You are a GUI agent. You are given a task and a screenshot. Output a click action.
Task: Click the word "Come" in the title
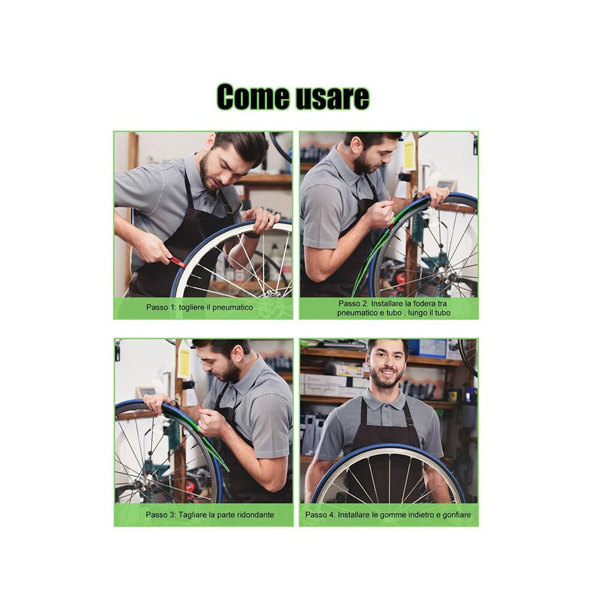click(x=253, y=98)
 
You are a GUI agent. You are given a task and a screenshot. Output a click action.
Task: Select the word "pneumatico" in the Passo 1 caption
click(x=232, y=307)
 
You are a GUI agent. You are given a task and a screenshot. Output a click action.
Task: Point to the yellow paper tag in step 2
click(x=409, y=155)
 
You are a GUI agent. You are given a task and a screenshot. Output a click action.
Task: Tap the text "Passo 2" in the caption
click(x=353, y=303)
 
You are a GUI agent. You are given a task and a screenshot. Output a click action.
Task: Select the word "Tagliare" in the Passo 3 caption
click(x=192, y=515)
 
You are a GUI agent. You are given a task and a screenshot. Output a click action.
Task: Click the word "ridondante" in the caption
click(x=255, y=515)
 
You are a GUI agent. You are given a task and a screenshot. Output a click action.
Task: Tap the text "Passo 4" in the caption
click(x=320, y=515)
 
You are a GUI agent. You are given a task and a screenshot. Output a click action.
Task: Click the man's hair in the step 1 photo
click(x=242, y=146)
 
